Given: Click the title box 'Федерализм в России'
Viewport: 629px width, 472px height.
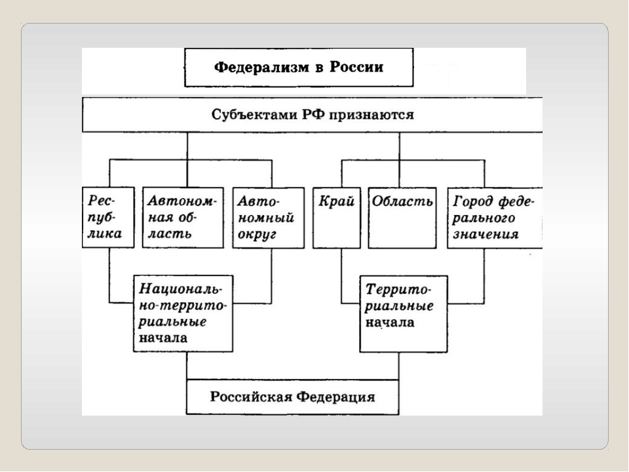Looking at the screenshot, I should tap(299, 68).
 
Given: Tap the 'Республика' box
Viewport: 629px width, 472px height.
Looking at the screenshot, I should tap(108, 218).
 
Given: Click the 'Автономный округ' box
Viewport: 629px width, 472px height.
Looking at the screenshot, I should tap(269, 218).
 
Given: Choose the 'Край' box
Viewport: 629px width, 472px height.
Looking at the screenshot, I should tap(336, 218).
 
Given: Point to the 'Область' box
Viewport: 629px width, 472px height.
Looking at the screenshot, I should tap(402, 218).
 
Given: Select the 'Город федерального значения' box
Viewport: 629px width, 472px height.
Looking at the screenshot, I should tap(495, 218).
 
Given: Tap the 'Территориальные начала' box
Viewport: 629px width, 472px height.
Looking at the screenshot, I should tap(400, 313).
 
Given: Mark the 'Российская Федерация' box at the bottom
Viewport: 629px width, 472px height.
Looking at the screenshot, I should tap(292, 397).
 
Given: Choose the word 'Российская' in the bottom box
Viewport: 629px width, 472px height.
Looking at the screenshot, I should tap(251, 397).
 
